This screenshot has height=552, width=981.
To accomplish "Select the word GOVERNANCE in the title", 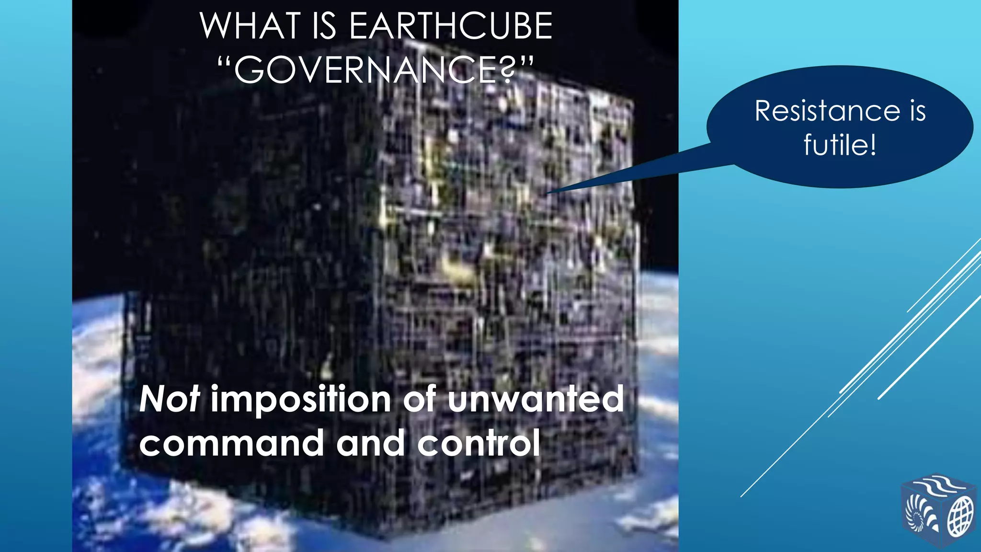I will pyautogui.click(x=366, y=70).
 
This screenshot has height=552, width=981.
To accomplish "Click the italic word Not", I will pyautogui.click(x=169, y=399).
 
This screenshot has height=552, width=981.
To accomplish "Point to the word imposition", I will pyautogui.click(x=301, y=399).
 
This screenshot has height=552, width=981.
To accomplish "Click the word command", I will pyautogui.click(x=232, y=443).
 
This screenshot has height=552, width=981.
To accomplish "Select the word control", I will pyautogui.click(x=479, y=443).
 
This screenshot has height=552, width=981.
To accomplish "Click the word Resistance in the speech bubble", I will pyautogui.click(x=827, y=111).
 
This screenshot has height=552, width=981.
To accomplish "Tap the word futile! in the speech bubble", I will pyautogui.click(x=840, y=144).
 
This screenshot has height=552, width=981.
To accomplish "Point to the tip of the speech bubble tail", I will pyautogui.click(x=548, y=193).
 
